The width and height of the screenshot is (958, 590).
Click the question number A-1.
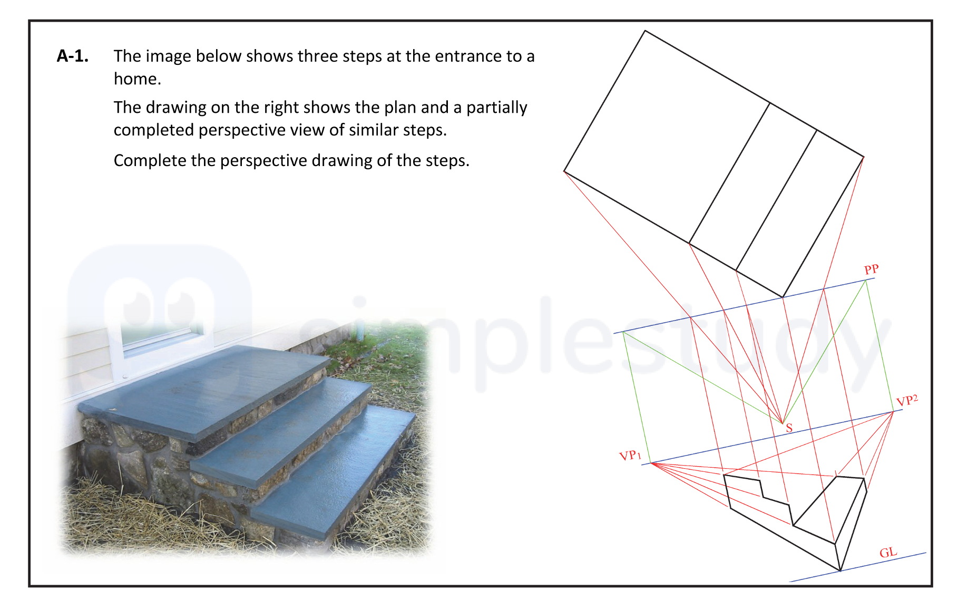[72, 56]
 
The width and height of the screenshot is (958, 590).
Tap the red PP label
[871, 269]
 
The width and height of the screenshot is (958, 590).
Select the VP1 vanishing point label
[630, 455]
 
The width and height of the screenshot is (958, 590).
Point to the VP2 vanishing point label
[906, 401]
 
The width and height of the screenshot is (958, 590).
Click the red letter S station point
[789, 428]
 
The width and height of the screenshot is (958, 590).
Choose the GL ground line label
[888, 552]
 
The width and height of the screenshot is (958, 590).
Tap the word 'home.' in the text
[138, 79]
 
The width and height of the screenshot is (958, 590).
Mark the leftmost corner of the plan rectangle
[564, 171]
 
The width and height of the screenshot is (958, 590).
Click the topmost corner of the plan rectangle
[645, 31]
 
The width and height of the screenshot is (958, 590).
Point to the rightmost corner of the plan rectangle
[864, 157]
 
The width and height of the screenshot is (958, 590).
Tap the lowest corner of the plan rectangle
[783, 297]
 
